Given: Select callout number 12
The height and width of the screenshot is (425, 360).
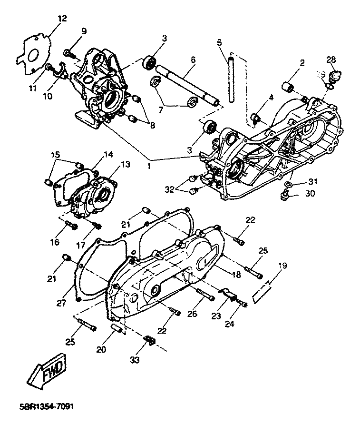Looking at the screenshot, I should point(62,19).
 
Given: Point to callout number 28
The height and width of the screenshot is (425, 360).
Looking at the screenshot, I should point(331,59).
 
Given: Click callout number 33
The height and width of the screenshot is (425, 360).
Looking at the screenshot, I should point(135,361).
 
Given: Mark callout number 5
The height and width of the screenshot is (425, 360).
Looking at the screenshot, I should point(219,42).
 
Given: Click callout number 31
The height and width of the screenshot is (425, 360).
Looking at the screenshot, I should point(312,181).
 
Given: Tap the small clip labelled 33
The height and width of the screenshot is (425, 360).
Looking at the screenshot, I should point(149,340).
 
